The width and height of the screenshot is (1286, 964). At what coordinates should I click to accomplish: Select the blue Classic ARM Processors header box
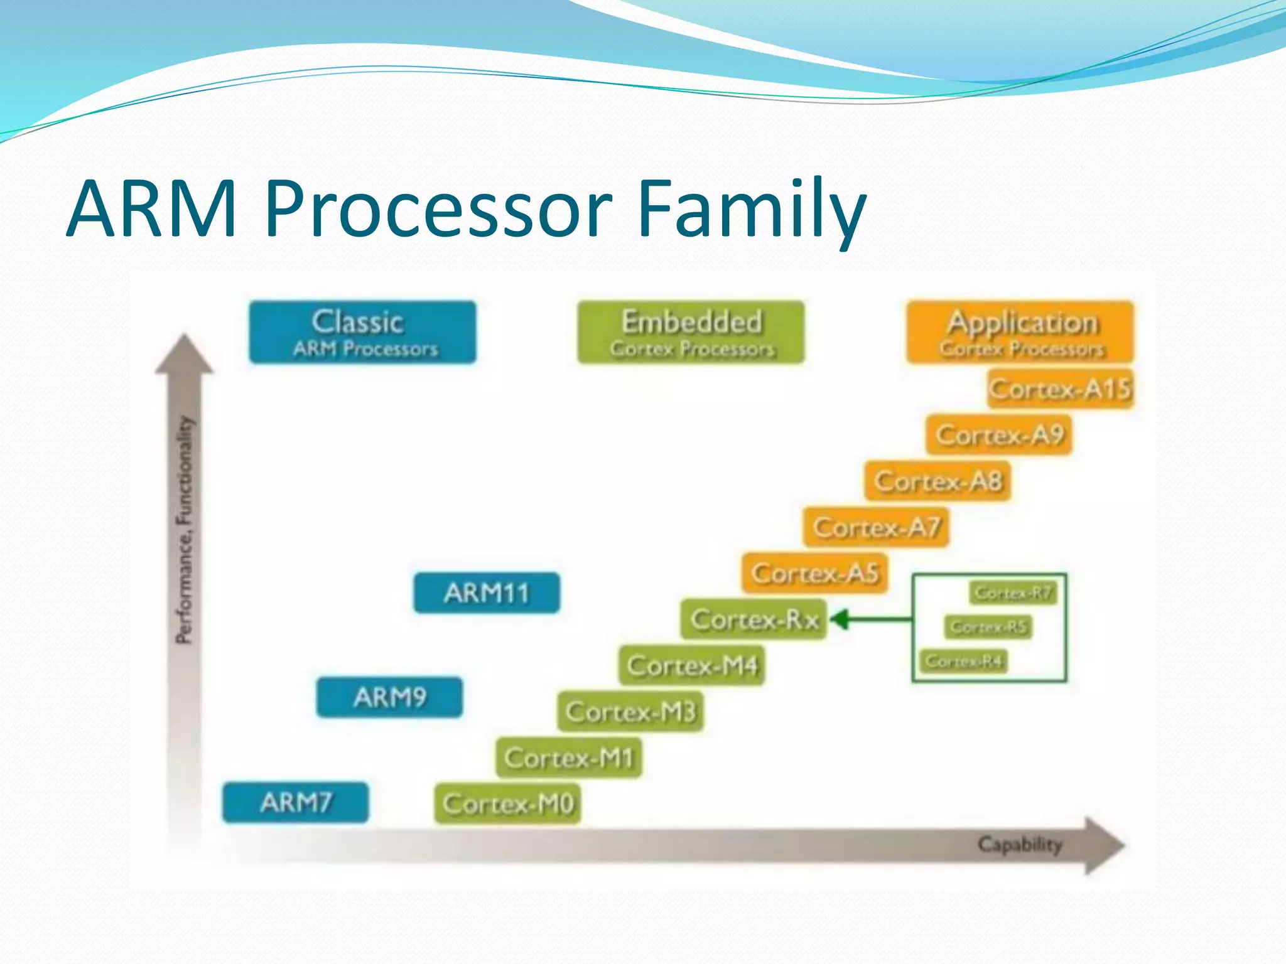362,332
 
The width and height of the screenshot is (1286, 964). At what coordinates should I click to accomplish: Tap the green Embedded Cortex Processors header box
691,332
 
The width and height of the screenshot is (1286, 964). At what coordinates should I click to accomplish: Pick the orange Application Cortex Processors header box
1020,332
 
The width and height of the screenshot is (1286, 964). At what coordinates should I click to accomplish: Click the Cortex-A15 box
1060,389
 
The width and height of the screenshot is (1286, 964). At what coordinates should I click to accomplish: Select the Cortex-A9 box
998,435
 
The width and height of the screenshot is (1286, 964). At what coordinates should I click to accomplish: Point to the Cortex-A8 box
937,481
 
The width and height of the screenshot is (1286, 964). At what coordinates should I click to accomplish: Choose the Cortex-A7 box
876,527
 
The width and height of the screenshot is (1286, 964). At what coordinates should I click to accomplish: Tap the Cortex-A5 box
814,573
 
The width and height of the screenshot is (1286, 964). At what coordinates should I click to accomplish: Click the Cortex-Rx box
754,619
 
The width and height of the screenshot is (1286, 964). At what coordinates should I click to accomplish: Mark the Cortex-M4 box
692,665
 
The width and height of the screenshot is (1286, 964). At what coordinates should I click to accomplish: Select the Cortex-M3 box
630,712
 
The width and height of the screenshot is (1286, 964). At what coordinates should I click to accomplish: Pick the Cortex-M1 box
569,758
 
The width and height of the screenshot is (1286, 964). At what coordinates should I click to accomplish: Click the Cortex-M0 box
507,804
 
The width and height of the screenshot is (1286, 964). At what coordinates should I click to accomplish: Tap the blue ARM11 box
487,593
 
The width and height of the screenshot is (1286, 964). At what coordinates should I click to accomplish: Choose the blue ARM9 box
389,697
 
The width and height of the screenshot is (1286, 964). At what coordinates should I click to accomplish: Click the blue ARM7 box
295,802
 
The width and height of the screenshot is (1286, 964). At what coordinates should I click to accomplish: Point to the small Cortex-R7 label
1013,593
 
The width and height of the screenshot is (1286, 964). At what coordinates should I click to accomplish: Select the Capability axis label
1019,845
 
